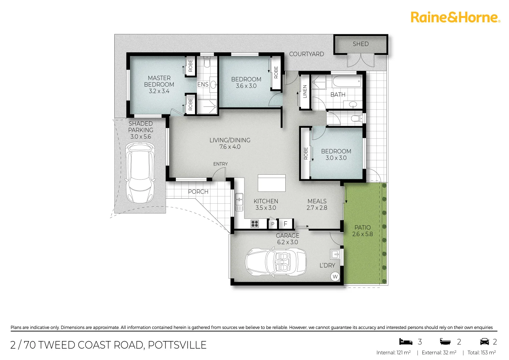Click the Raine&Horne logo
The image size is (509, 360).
click(x=455, y=17)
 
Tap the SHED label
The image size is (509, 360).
click(x=361, y=44)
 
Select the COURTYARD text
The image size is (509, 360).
click(x=306, y=54)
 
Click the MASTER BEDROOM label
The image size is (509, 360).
click(x=159, y=81)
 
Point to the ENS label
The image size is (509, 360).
click(x=203, y=85)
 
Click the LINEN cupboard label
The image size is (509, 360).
click(x=305, y=91)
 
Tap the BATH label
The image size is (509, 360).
click(x=338, y=95)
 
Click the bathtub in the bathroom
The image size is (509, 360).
click(x=347, y=81)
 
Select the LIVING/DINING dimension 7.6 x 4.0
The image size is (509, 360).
click(x=230, y=147)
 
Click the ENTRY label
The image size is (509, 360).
click(x=220, y=164)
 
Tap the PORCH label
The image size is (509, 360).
click(x=198, y=192)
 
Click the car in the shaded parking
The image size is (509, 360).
click(x=140, y=173)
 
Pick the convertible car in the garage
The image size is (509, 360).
click(x=276, y=262)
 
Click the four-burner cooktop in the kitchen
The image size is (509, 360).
click(x=255, y=224)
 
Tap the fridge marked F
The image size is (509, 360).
click(x=285, y=224)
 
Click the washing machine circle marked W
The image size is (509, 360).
click(x=335, y=277)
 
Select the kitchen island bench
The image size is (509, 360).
click(x=271, y=183)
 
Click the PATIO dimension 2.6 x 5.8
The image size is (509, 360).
click(x=362, y=234)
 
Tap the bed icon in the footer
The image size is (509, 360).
click(x=406, y=342)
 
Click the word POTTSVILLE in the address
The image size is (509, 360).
click(x=177, y=345)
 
